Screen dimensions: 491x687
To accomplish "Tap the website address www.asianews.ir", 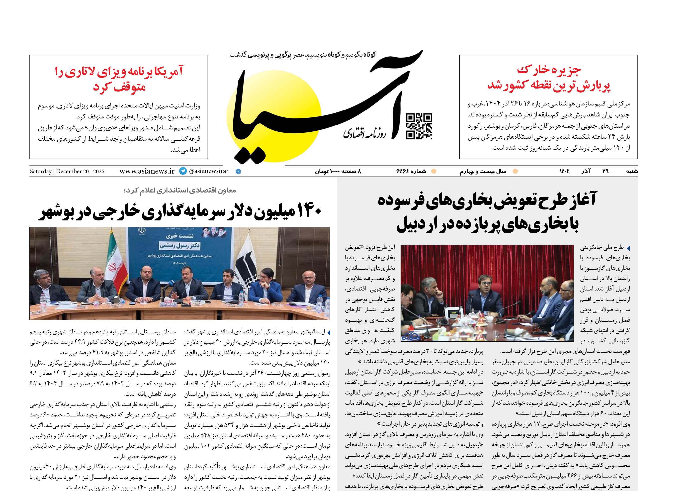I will pyautogui.click(x=147, y=171).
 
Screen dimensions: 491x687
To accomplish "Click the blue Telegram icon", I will pyautogui.click(x=183, y=171).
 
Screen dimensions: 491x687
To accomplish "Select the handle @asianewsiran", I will pyautogui.click(x=209, y=171).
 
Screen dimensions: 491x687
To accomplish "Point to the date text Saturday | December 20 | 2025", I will pyautogui.click(x=67, y=171).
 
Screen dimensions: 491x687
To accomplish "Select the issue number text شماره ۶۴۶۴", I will pyautogui.click(x=411, y=171).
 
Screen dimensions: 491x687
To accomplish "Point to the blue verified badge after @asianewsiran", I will pyautogui.click(x=238, y=171).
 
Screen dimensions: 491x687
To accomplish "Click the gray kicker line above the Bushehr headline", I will pyautogui.click(x=180, y=191).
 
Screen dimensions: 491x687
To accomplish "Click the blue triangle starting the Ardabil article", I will pyautogui.click(x=628, y=248).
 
